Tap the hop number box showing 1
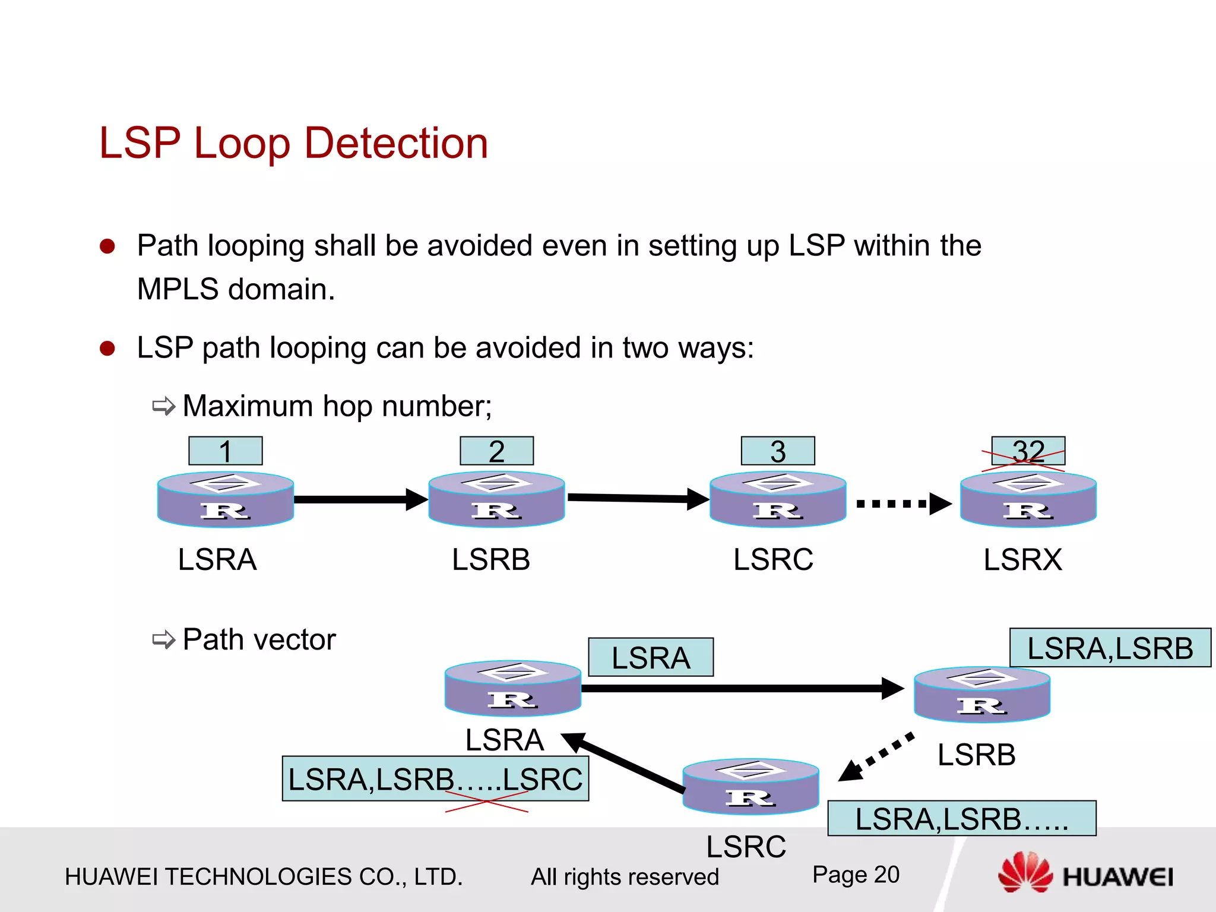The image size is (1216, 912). (x=225, y=451)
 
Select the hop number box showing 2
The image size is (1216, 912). (x=496, y=451)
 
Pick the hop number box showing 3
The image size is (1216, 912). (x=778, y=451)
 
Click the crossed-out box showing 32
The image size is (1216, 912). (x=1028, y=451)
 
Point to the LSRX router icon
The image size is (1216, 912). (x=1028, y=499)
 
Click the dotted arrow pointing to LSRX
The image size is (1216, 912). (x=902, y=504)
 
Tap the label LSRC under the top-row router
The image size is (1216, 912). (x=773, y=559)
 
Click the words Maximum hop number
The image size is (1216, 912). (x=337, y=407)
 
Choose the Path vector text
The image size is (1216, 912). (x=259, y=640)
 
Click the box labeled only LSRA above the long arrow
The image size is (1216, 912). (x=651, y=657)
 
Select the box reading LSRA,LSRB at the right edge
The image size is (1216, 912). (x=1110, y=648)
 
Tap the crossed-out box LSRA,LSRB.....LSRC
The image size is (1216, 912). (x=435, y=779)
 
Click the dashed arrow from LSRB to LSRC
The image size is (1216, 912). (x=878, y=757)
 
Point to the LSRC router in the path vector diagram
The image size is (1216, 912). (x=750, y=786)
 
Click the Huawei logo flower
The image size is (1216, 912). (x=1025, y=872)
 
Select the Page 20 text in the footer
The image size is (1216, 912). (x=856, y=875)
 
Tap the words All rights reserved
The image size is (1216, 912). (x=625, y=877)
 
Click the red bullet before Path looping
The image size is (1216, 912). (x=107, y=246)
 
